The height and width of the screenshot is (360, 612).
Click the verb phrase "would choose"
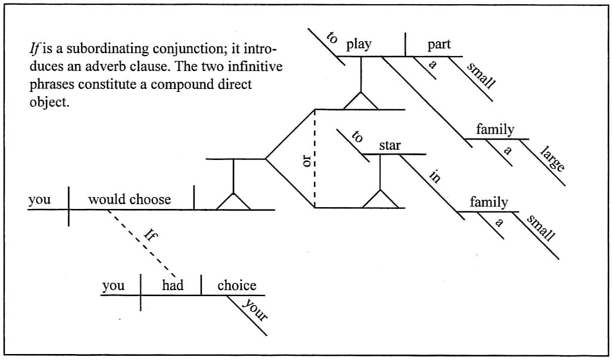130,199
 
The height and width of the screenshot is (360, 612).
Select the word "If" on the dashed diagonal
149,233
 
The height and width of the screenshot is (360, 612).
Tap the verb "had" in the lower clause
173,285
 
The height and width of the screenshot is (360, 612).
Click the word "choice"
236,285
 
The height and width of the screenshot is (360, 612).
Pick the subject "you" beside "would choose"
40,199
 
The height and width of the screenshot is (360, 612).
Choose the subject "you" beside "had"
113,285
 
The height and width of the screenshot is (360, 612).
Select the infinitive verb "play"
359,44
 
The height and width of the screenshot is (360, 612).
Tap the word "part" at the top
439,44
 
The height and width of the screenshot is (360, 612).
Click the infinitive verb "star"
389,144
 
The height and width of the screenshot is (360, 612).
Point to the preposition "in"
434,177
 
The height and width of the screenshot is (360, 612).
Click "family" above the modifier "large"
495,129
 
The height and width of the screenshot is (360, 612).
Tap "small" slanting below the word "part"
481,76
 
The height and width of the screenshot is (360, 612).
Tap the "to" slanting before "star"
357,137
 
